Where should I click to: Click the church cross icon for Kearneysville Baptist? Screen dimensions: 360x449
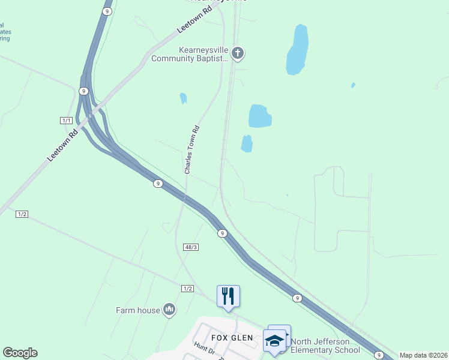pos(238,53)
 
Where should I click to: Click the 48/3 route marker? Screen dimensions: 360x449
pos(191,247)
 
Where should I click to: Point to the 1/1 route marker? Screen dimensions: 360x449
pos(67,121)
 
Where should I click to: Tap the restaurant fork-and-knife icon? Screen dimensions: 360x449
pos(228,296)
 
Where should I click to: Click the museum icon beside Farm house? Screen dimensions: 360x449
pos(169,310)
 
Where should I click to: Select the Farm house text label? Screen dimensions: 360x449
pos(138,310)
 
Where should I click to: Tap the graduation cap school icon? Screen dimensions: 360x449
pos(275,340)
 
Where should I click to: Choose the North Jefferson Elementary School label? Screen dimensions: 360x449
pos(325,346)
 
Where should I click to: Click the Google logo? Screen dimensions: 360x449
pos(20,353)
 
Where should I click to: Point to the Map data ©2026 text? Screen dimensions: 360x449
pos(423,355)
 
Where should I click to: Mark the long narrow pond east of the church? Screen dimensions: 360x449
pos(298,50)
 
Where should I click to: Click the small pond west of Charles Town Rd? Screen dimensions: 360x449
pos(183,98)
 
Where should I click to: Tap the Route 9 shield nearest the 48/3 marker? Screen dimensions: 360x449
pos(223,233)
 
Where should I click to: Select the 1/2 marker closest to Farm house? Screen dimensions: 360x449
pos(187,289)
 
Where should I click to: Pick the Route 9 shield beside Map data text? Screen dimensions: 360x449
pos(378,355)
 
